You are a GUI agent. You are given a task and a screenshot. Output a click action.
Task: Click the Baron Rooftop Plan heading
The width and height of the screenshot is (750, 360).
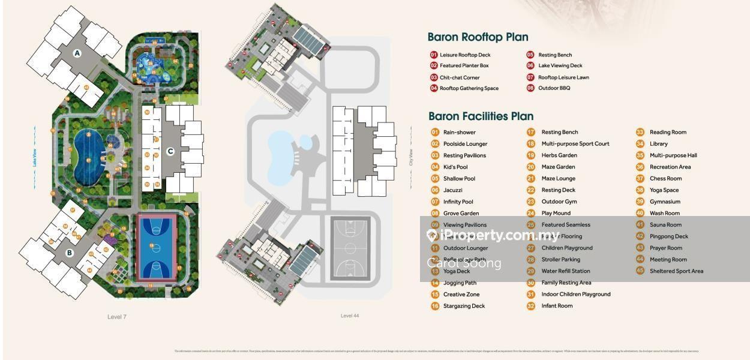pos(478,37)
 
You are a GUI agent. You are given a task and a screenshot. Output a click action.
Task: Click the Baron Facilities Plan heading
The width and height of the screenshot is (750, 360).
pos(481,116)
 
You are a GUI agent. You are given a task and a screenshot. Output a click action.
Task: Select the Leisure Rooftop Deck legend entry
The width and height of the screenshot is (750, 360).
pos(464,55)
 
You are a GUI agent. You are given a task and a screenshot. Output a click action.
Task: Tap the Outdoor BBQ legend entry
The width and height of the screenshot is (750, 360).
pos(554,88)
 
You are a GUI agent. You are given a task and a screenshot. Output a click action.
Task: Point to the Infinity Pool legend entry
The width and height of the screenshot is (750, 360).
pos(458,202)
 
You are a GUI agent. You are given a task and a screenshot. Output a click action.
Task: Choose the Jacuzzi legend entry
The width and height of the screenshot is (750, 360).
pos(453,190)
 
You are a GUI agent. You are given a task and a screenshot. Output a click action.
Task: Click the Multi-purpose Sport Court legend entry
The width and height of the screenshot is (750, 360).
pos(575,144)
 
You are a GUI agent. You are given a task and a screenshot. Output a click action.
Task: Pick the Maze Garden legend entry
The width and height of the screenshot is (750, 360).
pos(558,167)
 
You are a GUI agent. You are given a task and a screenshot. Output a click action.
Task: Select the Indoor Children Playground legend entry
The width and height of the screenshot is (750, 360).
pos(575,294)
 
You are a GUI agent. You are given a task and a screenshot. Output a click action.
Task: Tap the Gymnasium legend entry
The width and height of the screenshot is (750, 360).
pos(665,202)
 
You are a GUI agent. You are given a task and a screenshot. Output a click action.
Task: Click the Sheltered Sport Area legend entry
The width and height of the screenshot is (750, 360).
pos(676,271)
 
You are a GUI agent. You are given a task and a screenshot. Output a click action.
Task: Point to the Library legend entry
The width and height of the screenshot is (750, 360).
pos(658,144)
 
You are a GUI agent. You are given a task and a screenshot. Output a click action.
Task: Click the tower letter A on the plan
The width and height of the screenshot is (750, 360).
pos(77,53)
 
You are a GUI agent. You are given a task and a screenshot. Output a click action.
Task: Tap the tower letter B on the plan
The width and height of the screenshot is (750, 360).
pos(70,253)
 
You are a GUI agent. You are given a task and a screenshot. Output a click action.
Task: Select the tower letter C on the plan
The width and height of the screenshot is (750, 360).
pos(170,151)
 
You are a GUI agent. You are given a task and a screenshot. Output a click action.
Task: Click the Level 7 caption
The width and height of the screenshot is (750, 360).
pos(116,317)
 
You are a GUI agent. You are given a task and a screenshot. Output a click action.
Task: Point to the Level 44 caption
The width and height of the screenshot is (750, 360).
pos(349,316)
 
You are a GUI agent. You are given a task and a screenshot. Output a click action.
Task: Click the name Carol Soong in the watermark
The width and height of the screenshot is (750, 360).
pos(464,263)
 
